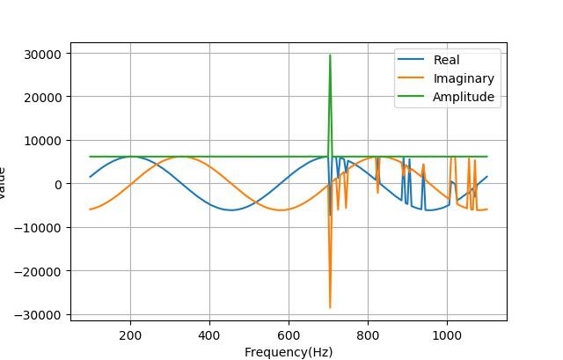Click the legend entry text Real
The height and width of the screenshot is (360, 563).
click(x=446, y=60)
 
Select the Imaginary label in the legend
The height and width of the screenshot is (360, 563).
click(x=463, y=78)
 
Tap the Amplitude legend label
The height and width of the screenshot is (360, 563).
click(x=463, y=97)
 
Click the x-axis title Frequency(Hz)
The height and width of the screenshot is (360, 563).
click(x=288, y=352)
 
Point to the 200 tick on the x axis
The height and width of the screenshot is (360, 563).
click(x=130, y=334)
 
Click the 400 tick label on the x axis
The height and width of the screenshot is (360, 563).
click(x=209, y=334)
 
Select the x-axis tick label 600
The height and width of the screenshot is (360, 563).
click(x=289, y=334)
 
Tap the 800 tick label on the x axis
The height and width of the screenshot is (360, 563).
click(x=368, y=334)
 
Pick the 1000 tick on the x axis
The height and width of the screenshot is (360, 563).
click(x=447, y=334)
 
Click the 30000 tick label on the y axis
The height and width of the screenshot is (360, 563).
click(x=43, y=54)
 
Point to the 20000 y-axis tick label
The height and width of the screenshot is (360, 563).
click(x=43, y=97)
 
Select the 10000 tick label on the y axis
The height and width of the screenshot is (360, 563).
click(x=43, y=141)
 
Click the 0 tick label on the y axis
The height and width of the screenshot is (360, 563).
click(x=57, y=184)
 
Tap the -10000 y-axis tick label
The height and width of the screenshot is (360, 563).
click(x=40, y=228)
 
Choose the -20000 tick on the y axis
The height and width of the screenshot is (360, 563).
click(x=40, y=271)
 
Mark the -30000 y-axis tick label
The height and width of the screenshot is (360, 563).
click(x=40, y=314)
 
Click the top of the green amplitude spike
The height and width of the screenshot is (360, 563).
click(x=330, y=55)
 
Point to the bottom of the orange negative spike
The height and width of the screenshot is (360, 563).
click(x=330, y=307)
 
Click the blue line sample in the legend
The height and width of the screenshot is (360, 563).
click(x=411, y=60)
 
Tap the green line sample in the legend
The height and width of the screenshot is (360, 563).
click(x=411, y=97)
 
